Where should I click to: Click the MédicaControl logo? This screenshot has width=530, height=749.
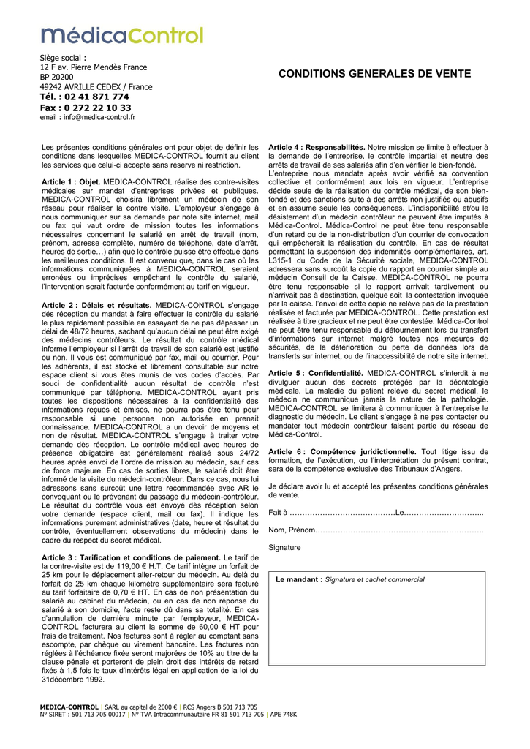pos(122,34)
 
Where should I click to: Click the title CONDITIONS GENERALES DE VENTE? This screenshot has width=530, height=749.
pos(375,75)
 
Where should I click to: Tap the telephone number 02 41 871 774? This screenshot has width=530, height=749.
pos(85,97)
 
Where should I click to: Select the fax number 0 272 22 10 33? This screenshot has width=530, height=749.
pos(86,108)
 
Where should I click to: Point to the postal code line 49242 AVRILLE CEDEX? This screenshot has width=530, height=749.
pos(96,87)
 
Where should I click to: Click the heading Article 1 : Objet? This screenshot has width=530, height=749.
pos(71,181)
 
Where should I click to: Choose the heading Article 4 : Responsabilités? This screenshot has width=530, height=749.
pos(317,147)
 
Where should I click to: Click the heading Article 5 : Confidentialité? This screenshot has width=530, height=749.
pos(317,373)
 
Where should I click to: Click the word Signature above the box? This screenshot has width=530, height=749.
pos(284,547)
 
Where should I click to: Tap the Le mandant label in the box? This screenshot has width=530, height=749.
pos(299,580)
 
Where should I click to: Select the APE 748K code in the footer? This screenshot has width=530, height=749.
pos(283,714)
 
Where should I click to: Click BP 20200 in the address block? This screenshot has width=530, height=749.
pos(56,77)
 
